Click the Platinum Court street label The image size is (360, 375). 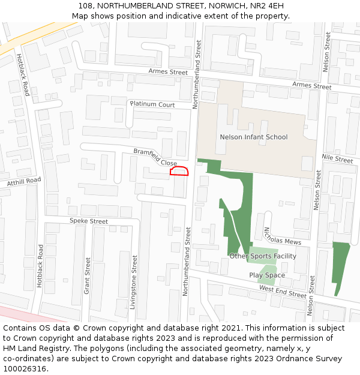[x=152, y=104]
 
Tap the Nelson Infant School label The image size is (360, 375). [x=254, y=137]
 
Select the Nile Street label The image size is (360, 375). [x=338, y=159]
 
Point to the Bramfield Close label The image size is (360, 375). [x=155, y=158]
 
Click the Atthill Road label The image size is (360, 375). [x=24, y=181]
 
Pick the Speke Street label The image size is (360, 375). [x=88, y=221]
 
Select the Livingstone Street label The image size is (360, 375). [x=134, y=282]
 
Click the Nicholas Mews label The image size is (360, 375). [x=282, y=236]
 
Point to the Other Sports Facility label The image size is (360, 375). [x=263, y=256]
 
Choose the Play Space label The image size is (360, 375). [x=267, y=275]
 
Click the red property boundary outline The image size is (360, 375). [x=179, y=172]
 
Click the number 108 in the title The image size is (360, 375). [x=85, y=6]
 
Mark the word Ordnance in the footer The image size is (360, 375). [x=266, y=359]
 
